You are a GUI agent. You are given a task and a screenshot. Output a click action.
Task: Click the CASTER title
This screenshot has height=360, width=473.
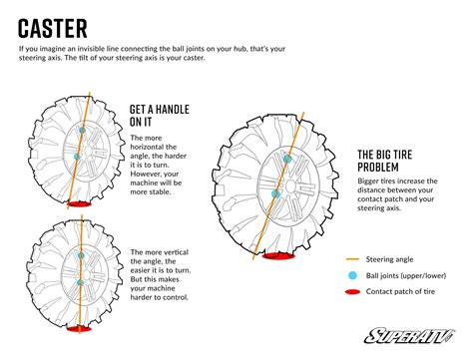pos(53,28)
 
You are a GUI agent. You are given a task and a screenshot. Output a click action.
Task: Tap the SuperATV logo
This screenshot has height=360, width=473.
pos(409,335)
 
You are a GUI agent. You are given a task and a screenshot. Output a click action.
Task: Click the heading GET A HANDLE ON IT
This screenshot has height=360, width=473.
pos(160,116)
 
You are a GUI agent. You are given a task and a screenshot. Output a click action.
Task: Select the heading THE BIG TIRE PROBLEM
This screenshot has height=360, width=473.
pos(385,161)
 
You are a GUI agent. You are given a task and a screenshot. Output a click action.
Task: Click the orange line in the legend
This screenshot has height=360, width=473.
pos(352,259)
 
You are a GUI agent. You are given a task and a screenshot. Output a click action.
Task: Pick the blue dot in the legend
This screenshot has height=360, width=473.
pos(352,275)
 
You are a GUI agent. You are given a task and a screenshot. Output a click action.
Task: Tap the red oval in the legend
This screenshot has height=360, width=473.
pos(352,292)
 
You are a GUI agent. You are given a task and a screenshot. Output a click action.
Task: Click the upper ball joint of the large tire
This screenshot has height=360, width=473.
pos(287,159)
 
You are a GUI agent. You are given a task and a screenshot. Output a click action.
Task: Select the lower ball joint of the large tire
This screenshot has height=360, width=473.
pos(275,193)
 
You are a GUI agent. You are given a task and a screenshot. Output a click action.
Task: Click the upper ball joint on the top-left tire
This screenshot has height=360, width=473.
pos(82,130)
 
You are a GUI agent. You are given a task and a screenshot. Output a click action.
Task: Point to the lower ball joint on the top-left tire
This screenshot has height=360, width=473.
pos(77,157)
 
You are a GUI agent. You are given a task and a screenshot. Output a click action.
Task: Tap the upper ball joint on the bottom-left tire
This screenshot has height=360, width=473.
pos(81,255)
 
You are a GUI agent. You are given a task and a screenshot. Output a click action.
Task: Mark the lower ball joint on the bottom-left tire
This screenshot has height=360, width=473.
pos(80,282)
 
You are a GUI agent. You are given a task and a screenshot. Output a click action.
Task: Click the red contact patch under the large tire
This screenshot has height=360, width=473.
pos(278,256)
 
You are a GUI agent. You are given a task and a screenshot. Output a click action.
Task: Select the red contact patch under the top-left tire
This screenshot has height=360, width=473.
pos(79,203)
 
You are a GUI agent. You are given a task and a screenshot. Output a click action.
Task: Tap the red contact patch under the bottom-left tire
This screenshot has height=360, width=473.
pos(79,329)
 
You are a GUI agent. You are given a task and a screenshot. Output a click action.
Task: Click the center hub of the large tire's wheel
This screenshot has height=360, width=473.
pos(290,186)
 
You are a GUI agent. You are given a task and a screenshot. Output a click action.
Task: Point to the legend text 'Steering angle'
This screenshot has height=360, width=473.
pos(389,259)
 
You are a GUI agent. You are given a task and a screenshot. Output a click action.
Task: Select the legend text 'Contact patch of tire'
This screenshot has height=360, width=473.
pos(400,291)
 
